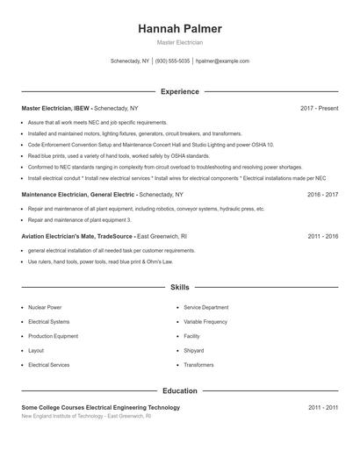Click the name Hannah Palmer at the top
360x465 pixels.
coord(179,29)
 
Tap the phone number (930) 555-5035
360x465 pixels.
coord(173,61)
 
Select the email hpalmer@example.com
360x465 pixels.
coord(223,61)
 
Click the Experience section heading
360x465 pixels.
coord(179,91)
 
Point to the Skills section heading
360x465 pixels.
coord(179,287)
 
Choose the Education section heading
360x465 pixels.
coord(179,390)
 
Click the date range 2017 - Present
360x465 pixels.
coord(319,108)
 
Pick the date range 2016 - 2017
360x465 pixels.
coord(322,194)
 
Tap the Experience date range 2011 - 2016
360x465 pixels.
coord(322,236)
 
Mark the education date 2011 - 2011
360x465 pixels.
coord(322,407)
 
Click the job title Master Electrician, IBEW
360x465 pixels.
coord(56,108)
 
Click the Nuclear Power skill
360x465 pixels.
coord(45,308)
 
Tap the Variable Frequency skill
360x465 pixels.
coord(205,322)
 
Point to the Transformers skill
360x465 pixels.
coord(198,364)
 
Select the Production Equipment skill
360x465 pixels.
coord(53,336)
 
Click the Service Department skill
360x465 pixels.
coord(205,308)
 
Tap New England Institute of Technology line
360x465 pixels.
coord(86,416)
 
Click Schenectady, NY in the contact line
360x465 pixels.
coord(130,61)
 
